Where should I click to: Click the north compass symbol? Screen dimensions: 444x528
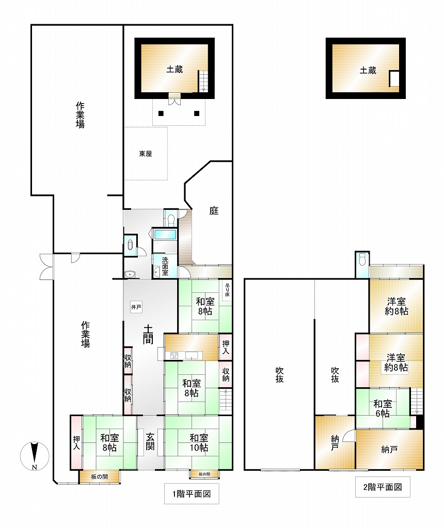35,456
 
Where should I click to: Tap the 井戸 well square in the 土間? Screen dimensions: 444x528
136,307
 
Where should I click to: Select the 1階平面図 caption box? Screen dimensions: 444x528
192,493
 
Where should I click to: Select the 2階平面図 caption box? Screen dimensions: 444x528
383,487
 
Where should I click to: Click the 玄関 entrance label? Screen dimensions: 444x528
150,441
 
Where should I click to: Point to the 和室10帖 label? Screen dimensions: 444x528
199,442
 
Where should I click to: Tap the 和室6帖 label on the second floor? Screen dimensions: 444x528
383,408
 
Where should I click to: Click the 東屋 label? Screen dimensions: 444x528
146,154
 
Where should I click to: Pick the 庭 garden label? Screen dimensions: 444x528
214,211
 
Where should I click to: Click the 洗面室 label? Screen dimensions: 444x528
165,267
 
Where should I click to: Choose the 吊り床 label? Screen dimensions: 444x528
227,290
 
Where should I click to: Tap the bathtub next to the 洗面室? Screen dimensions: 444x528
165,235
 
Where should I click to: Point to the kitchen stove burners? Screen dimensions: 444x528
175,356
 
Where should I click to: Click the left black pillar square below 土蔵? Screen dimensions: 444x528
161,113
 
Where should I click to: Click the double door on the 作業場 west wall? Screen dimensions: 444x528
46,267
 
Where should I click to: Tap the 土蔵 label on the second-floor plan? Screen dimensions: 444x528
368,70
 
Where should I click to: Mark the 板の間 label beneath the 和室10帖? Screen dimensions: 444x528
204,474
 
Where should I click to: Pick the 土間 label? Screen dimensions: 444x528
148,334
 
